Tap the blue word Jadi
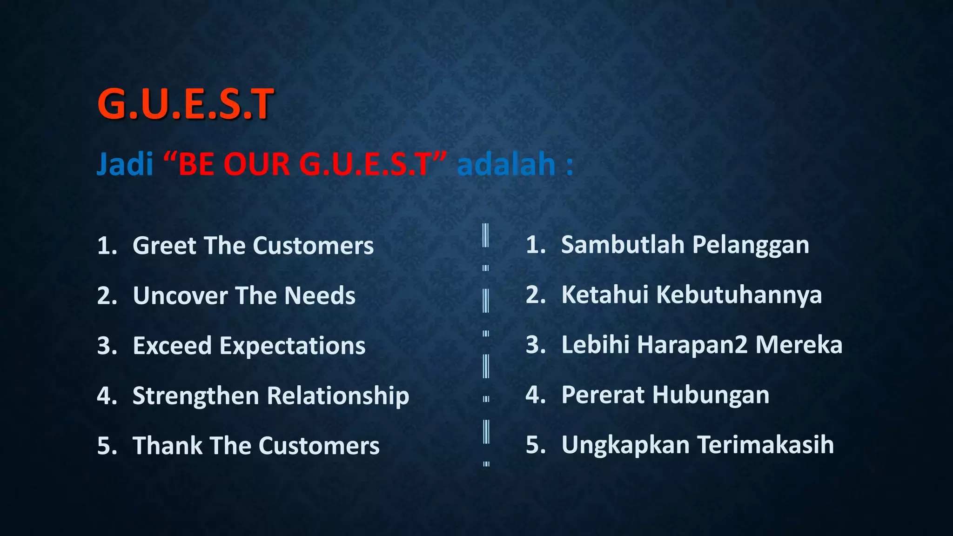[125, 164]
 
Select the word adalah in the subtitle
[506, 164]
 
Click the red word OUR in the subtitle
[257, 164]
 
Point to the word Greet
[163, 246]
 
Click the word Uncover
[180, 296]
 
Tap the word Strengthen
[195, 396]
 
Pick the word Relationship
[338, 396]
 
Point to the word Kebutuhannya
[738, 295]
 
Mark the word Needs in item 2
[320, 296]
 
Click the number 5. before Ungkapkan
[535, 445]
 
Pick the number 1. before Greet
[107, 246]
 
